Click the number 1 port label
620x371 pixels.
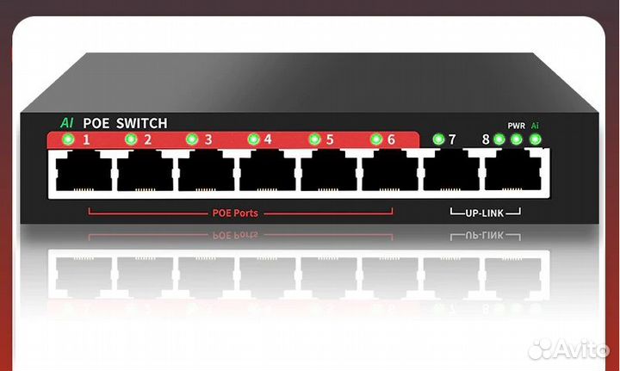[86, 139]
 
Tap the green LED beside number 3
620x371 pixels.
[192, 139]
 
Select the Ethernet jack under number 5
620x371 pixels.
[329, 170]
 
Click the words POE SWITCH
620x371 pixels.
[125, 123]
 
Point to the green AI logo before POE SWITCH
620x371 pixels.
[66, 123]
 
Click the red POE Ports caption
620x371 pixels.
[234, 213]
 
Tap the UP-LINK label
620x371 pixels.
[486, 212]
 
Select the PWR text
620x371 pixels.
[516, 126]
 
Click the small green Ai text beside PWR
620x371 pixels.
[536, 126]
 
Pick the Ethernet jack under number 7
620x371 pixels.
[451, 170]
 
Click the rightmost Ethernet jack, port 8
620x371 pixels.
[512, 170]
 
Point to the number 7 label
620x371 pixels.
[452, 139]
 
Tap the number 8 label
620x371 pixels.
[486, 139]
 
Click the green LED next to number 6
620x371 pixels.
[375, 139]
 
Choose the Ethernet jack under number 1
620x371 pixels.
[84, 170]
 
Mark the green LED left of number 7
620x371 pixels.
[438, 139]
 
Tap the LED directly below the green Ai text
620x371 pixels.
[536, 139]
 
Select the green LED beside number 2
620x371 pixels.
[131, 139]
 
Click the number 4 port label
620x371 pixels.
[268, 139]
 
